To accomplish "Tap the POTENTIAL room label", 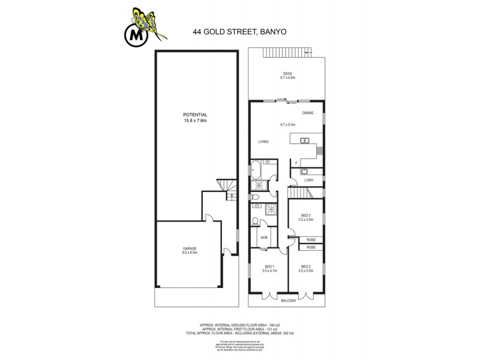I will click(x=196, y=114).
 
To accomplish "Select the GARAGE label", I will click(x=190, y=248).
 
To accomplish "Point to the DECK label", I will click(x=287, y=74).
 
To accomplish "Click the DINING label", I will click(x=308, y=112).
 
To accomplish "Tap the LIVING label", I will click(x=263, y=142).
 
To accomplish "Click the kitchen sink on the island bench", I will click(x=305, y=141).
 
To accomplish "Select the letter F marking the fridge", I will click(x=296, y=162).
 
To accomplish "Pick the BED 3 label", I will click(x=305, y=215).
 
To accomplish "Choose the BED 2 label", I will click(x=305, y=266).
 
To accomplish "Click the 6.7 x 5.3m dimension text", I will click(x=287, y=124).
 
